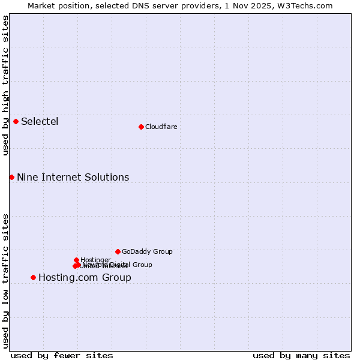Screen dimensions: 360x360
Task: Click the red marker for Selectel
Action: [x=16, y=121]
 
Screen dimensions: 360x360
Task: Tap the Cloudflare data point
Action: [x=141, y=127]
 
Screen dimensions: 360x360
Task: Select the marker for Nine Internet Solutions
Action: [x=11, y=177]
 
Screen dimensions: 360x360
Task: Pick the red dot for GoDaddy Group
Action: [x=118, y=251]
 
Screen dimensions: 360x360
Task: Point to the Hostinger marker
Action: [x=77, y=260]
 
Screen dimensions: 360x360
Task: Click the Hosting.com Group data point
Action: [x=33, y=277]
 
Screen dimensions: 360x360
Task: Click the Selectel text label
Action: [x=40, y=122]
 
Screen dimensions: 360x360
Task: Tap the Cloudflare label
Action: [x=161, y=127]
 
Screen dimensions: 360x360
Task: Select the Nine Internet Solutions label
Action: [x=73, y=177]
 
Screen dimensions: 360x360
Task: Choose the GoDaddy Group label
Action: [x=147, y=251]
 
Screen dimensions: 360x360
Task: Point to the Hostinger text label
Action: [x=95, y=260]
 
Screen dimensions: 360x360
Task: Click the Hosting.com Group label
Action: [x=85, y=277]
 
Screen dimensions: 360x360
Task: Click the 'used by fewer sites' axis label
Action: [x=62, y=355]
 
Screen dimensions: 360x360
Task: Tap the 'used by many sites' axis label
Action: [x=301, y=355]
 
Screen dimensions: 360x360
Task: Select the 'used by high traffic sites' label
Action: [x=5, y=85]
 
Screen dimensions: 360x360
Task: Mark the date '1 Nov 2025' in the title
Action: [x=250, y=5]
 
